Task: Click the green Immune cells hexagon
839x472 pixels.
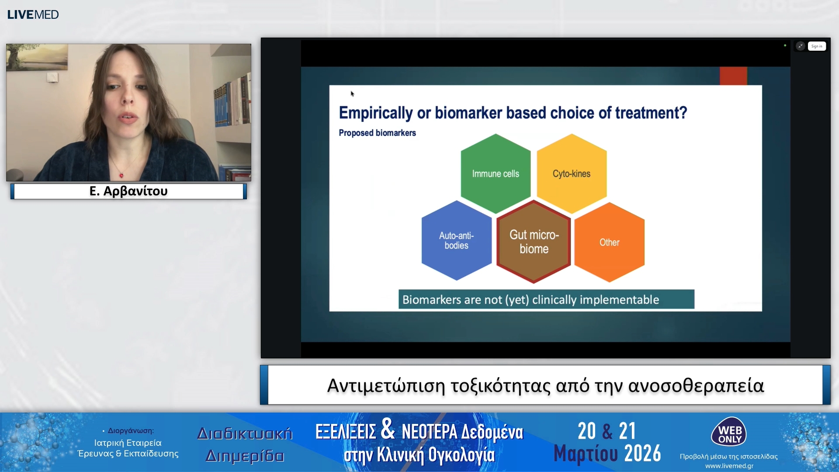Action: click(x=496, y=174)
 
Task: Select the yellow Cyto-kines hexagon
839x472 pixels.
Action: click(x=572, y=174)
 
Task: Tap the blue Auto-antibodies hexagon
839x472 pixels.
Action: click(x=456, y=240)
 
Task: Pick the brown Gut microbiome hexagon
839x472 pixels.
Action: click(x=534, y=242)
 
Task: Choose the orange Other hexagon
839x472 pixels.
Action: click(x=609, y=242)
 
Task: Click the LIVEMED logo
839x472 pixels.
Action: click(x=33, y=14)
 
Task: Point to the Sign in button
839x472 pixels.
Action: click(x=817, y=46)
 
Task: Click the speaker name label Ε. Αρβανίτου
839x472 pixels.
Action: click(x=128, y=191)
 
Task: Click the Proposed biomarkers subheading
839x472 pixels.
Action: click(x=377, y=133)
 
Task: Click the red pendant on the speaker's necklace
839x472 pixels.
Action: click(x=121, y=176)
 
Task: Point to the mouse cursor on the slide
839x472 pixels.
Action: click(x=352, y=94)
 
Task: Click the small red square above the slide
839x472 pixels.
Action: click(x=733, y=76)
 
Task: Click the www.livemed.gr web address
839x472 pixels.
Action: click(x=729, y=466)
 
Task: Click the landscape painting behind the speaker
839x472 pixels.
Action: click(x=37, y=57)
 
